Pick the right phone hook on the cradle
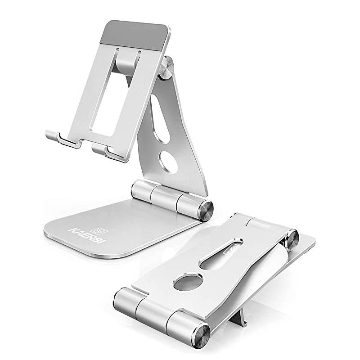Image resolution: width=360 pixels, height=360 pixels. point(110,151)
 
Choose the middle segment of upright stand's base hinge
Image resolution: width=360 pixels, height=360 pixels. point(165,196)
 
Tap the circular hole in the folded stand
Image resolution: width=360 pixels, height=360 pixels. point(186,283)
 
